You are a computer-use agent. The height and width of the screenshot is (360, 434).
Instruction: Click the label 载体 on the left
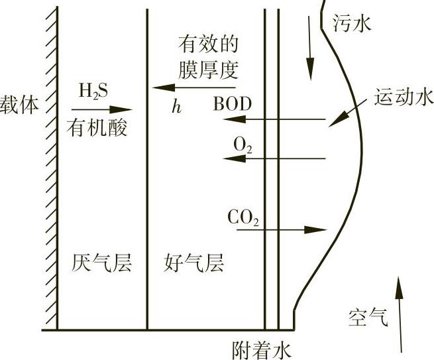point(20,104)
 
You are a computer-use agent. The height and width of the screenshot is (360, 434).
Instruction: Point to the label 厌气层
point(101,264)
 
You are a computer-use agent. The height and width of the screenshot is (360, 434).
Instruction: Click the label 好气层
point(193,264)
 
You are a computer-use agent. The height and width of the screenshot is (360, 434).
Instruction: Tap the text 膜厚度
point(207,69)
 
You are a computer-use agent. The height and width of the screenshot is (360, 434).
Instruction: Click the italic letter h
point(176,107)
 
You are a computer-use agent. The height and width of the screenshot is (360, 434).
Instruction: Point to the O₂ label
point(243,144)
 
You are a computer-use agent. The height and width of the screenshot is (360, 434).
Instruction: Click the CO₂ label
point(243,216)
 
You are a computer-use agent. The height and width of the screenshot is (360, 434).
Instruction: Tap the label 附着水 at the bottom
point(262,349)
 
